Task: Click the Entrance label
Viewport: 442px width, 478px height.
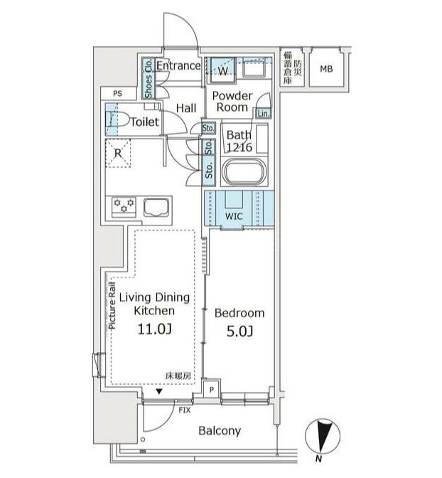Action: pyautogui.click(x=178, y=66)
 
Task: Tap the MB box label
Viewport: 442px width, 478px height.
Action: pyautogui.click(x=325, y=68)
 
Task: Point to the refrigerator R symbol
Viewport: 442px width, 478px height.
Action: pyautogui.click(x=118, y=152)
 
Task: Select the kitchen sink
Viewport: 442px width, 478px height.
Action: pyautogui.click(x=156, y=208)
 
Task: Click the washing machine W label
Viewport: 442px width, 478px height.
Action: pyautogui.click(x=223, y=71)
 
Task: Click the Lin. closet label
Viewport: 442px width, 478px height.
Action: pyautogui.click(x=263, y=113)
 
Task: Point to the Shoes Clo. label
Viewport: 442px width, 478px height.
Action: pyautogui.click(x=149, y=78)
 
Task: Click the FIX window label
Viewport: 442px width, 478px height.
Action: pyautogui.click(x=184, y=410)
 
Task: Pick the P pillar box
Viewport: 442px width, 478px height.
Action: pyautogui.click(x=211, y=390)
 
